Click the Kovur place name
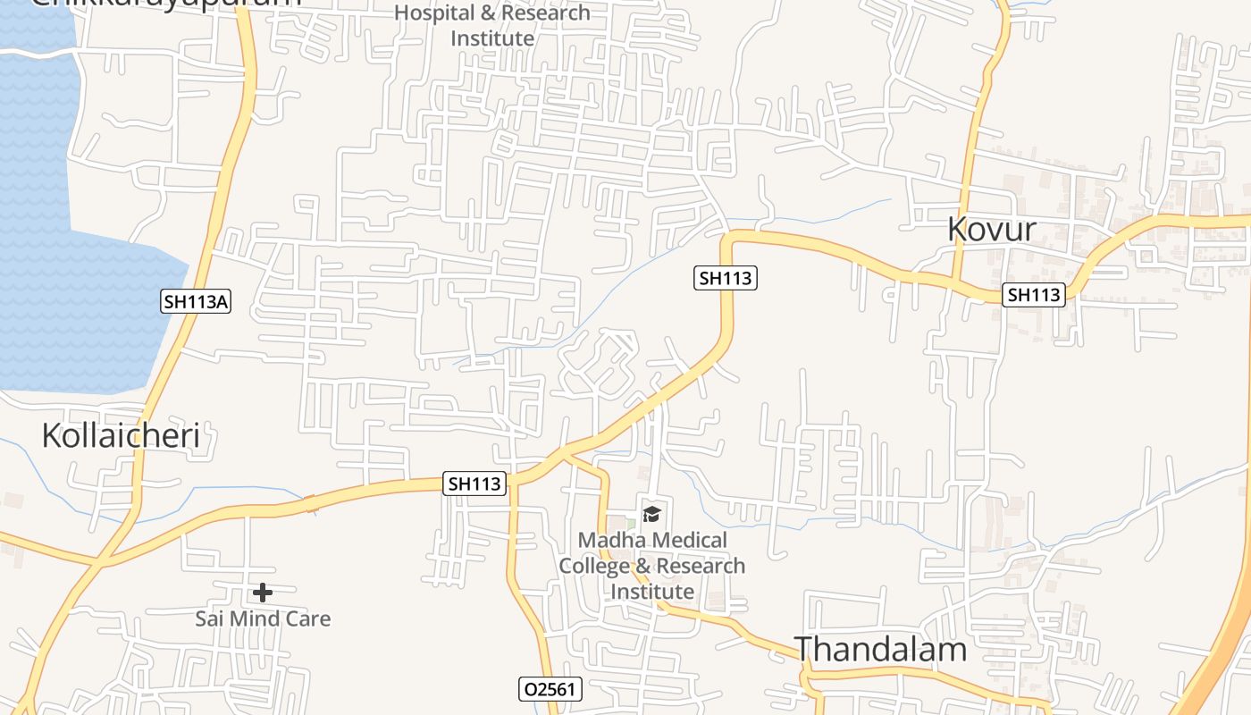992,229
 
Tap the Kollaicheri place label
121,435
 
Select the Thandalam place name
880,649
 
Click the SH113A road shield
196,302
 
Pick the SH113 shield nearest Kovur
1034,294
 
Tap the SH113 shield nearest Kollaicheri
474,484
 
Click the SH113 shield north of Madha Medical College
726,278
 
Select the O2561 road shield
550,689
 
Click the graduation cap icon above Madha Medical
651,513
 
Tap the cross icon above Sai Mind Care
263,592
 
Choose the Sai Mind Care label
263,618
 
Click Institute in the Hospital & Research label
492,38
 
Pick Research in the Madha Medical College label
701,566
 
